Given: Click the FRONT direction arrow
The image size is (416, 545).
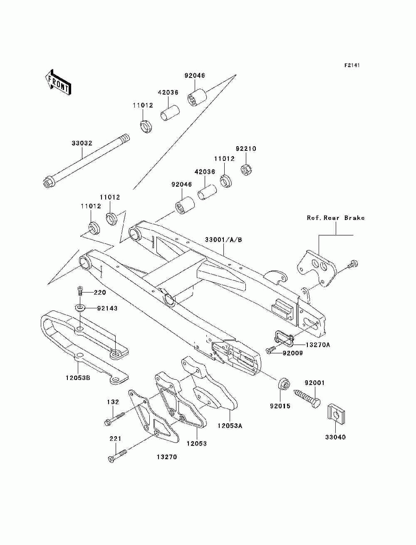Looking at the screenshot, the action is (x=58, y=82).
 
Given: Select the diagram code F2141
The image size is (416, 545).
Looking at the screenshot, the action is (x=352, y=65).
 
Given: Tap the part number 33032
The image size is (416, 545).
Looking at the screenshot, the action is (x=82, y=143).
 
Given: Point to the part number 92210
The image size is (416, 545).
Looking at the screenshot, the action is (x=246, y=149).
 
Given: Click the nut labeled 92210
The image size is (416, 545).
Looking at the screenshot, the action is (x=247, y=170).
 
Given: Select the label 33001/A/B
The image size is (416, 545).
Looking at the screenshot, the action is (x=223, y=240).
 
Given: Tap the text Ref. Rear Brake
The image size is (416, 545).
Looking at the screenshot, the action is (x=336, y=218).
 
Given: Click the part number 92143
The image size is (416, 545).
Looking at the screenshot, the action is (x=107, y=308).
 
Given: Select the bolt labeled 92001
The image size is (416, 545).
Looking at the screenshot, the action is (x=307, y=400).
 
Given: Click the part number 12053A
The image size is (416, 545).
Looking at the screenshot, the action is (x=230, y=426).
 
